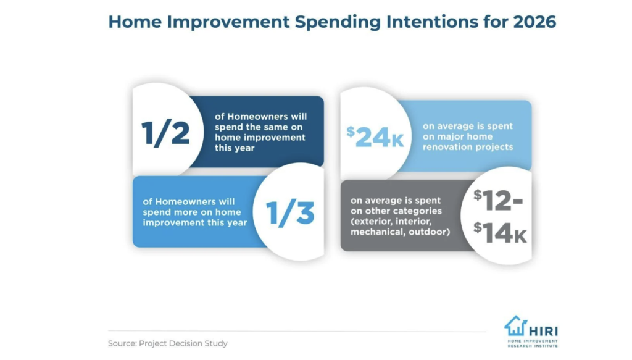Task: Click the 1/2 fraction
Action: click(x=165, y=133)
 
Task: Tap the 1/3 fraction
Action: click(x=290, y=213)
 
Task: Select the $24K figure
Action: click(x=375, y=137)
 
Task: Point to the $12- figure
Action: click(x=498, y=200)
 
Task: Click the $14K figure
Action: click(x=500, y=233)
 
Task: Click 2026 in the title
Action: click(x=534, y=22)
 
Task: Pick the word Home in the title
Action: click(x=135, y=22)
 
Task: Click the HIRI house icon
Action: click(x=515, y=326)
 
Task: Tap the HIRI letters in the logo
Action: click(x=543, y=331)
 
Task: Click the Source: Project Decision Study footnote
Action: click(x=168, y=343)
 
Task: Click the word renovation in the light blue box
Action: click(x=447, y=147)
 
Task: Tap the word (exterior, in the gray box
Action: click(x=371, y=221)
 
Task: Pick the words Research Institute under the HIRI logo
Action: click(x=533, y=345)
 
